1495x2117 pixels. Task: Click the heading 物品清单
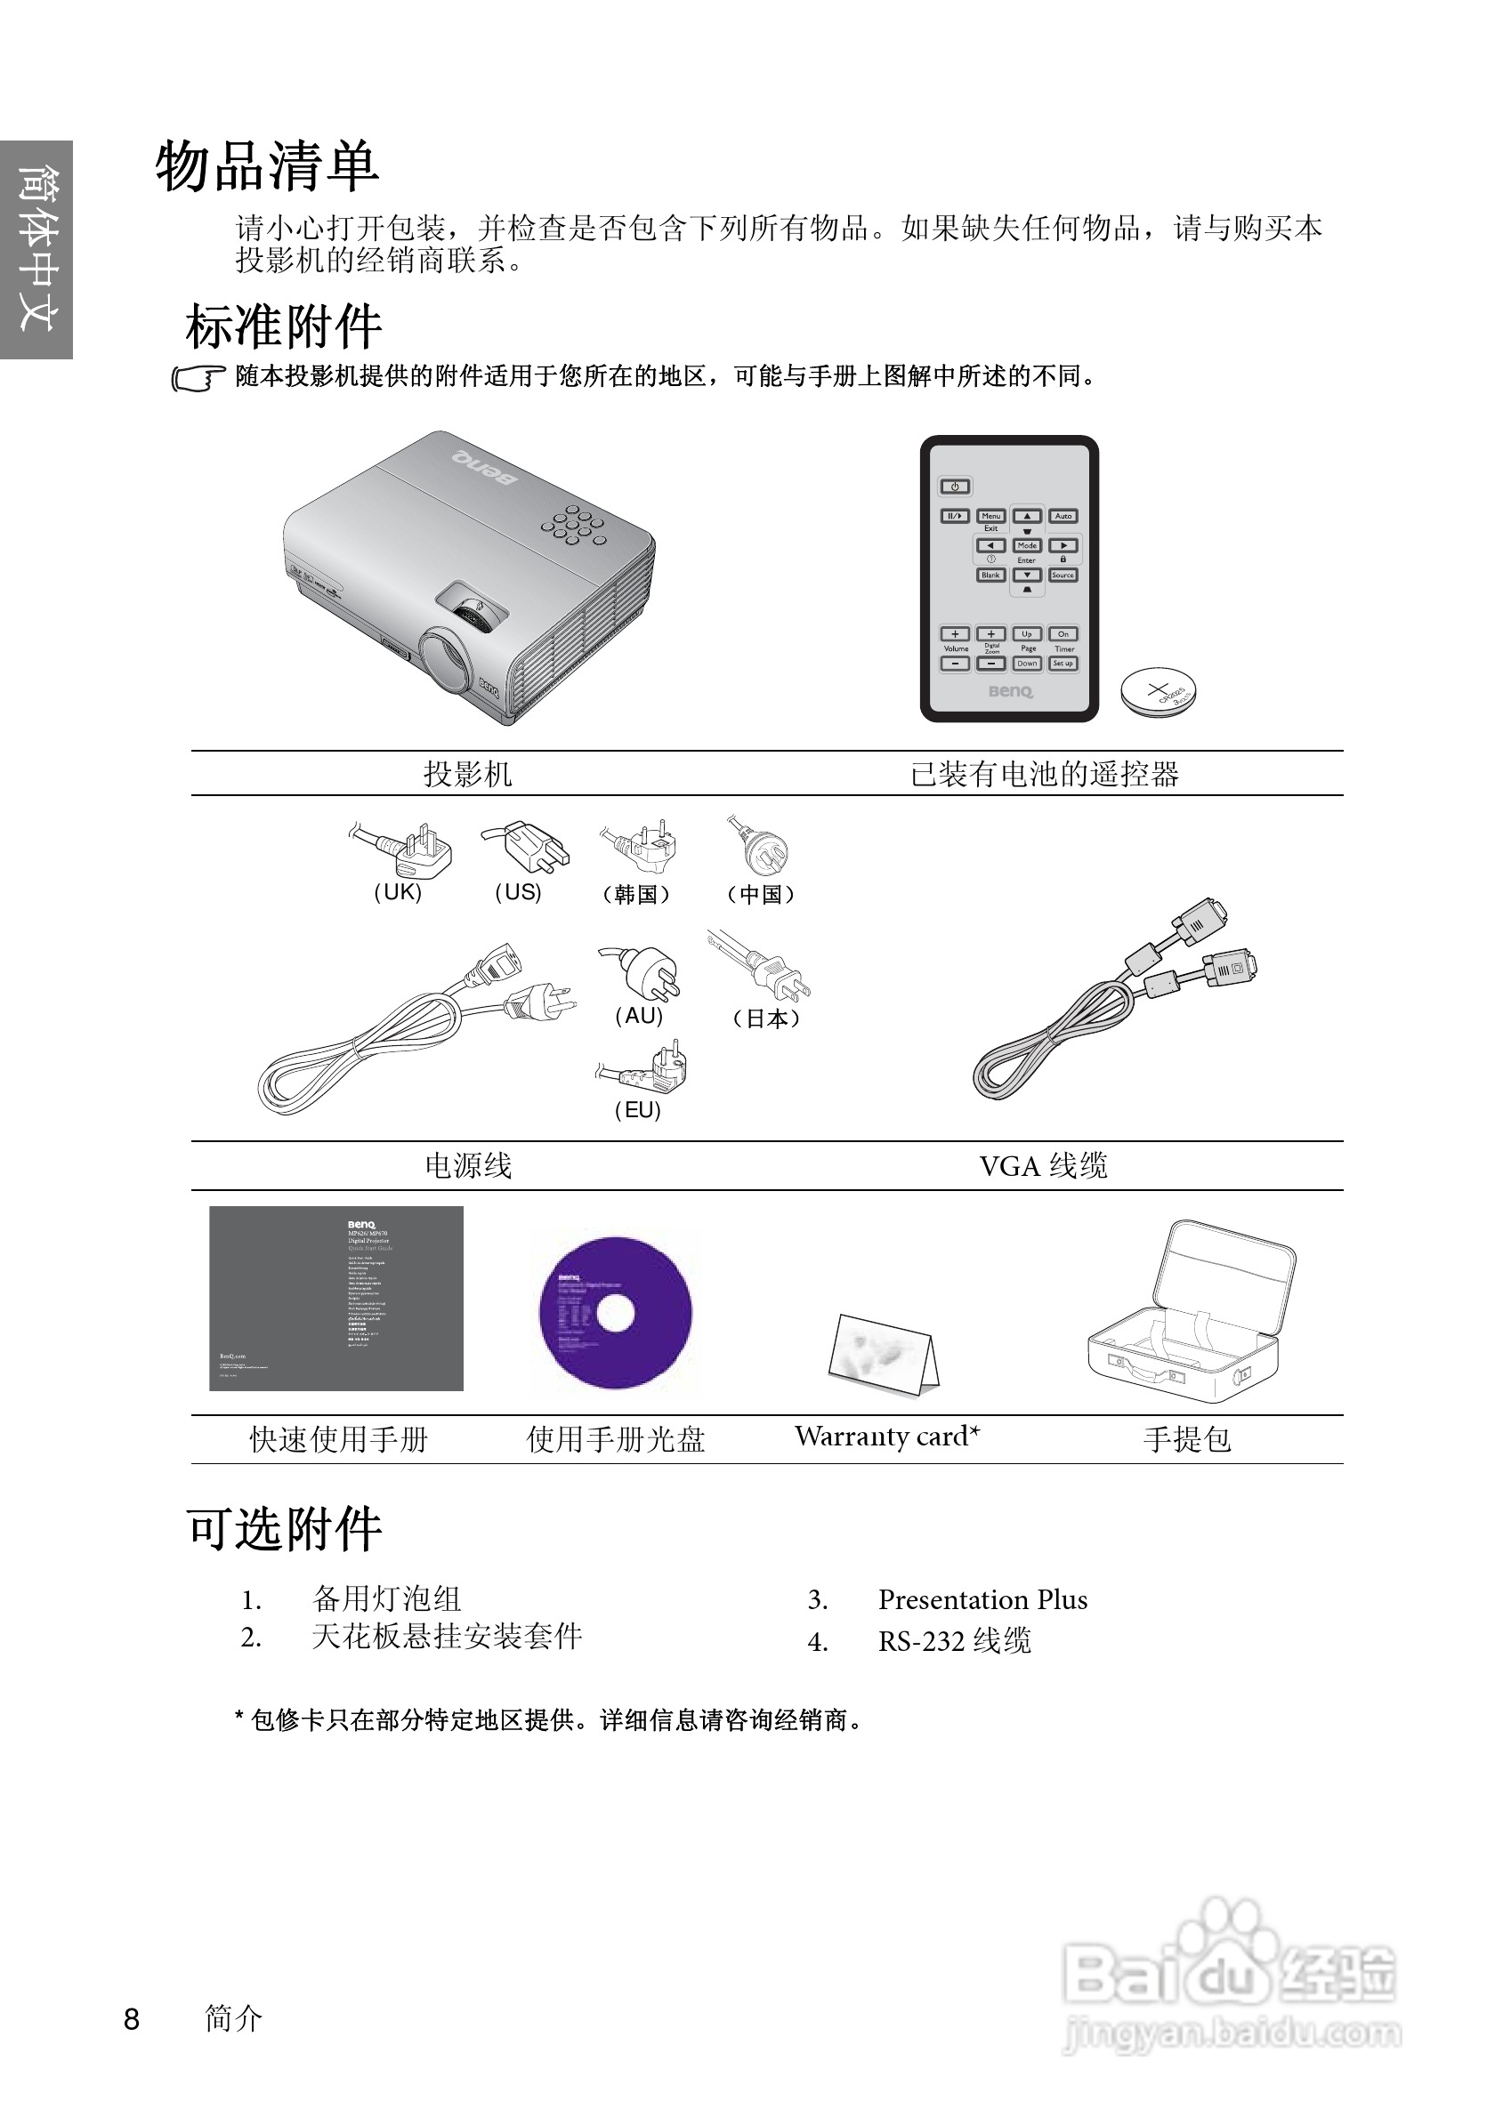point(267,167)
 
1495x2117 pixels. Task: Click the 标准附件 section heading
point(283,326)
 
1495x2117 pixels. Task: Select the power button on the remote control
point(955,486)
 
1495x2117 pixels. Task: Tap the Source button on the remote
point(1063,575)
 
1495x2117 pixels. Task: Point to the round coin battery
point(1158,691)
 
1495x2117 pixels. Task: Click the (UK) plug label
point(398,892)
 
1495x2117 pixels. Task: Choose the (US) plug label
point(517,892)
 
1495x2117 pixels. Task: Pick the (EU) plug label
point(638,1110)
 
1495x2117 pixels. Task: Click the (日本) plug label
point(766,1018)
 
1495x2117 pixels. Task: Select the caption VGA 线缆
point(1043,1166)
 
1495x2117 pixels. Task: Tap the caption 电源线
point(467,1166)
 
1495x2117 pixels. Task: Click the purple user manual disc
point(615,1312)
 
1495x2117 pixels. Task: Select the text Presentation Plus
point(982,1599)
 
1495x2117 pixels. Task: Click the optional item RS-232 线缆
point(954,1641)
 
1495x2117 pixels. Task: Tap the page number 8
point(132,2018)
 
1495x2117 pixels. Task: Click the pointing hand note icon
point(198,378)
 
